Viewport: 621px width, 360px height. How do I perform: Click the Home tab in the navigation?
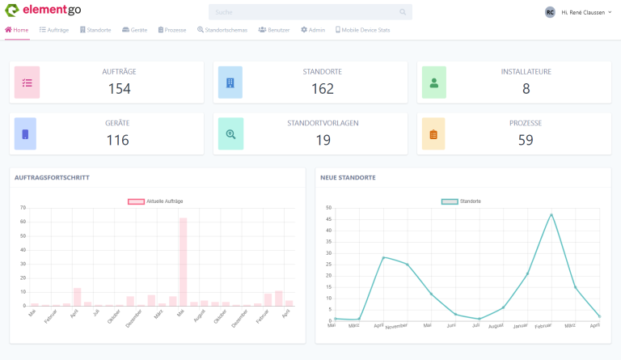click(17, 30)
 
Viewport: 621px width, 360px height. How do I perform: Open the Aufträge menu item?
click(54, 30)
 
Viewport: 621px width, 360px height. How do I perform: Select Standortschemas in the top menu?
click(224, 30)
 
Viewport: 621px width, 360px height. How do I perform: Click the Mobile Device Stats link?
click(362, 30)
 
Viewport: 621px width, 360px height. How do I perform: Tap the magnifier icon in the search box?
click(403, 12)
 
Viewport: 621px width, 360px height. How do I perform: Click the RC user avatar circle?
click(550, 12)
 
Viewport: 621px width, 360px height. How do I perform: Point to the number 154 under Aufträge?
click(119, 88)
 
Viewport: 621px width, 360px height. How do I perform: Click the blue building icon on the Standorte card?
click(230, 83)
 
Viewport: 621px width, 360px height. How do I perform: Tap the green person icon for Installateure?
click(433, 83)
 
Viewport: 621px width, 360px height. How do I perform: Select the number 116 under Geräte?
click(118, 140)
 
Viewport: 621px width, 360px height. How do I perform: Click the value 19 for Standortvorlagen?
click(323, 140)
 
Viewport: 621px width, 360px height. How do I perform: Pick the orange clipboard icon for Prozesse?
click(433, 134)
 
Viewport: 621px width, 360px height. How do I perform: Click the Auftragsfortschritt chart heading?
click(52, 177)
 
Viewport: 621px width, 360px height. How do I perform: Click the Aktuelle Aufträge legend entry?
click(156, 201)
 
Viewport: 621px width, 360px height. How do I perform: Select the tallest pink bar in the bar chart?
click(183, 261)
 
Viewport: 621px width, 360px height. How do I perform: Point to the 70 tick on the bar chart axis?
click(23, 208)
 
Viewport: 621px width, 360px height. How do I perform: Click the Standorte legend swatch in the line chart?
click(449, 201)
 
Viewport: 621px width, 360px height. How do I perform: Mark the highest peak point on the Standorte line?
click(551, 214)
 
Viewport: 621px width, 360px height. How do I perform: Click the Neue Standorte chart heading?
click(348, 177)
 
